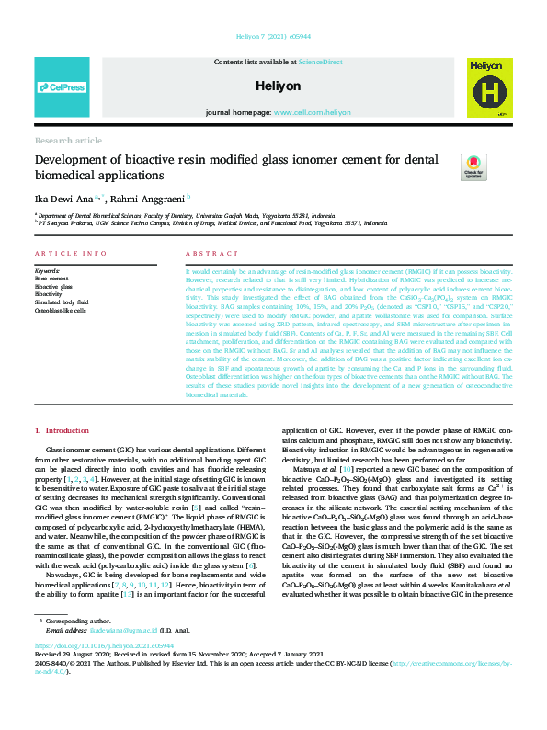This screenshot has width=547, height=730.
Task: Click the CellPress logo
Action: point(62,87)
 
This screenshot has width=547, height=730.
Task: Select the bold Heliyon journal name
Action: point(273,85)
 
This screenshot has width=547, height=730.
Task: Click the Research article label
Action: point(68,140)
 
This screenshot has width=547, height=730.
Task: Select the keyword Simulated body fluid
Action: point(62,302)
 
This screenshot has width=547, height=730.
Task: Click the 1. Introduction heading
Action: point(63,430)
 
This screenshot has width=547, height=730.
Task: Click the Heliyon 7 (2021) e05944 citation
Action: point(273,36)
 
